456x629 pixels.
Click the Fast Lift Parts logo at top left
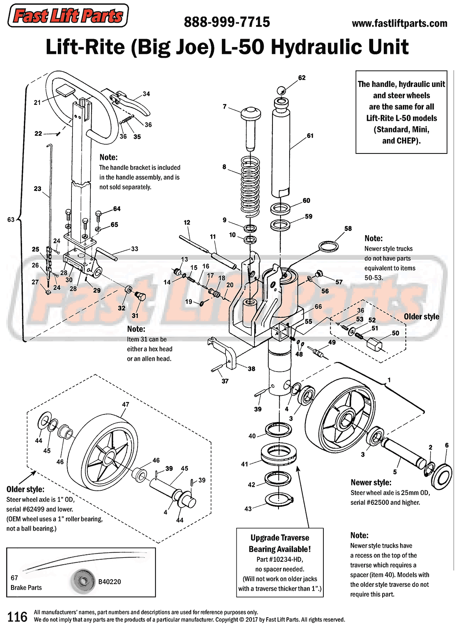pos(68,16)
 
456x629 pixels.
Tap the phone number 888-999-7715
pos(227,22)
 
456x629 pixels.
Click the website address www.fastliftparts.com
pos(399,24)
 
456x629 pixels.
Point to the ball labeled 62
pos(281,91)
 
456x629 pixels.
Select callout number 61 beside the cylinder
pos(310,136)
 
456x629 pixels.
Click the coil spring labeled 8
pos(250,186)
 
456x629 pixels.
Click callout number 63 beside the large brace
pos(11,220)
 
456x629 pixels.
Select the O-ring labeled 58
pos(329,246)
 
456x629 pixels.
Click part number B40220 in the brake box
pos(109,582)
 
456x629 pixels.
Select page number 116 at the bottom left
pos(17,617)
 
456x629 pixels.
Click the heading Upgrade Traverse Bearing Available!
pos(280,544)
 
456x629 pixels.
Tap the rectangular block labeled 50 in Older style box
pos(375,345)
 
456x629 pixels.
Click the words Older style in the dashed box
pos(421,317)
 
